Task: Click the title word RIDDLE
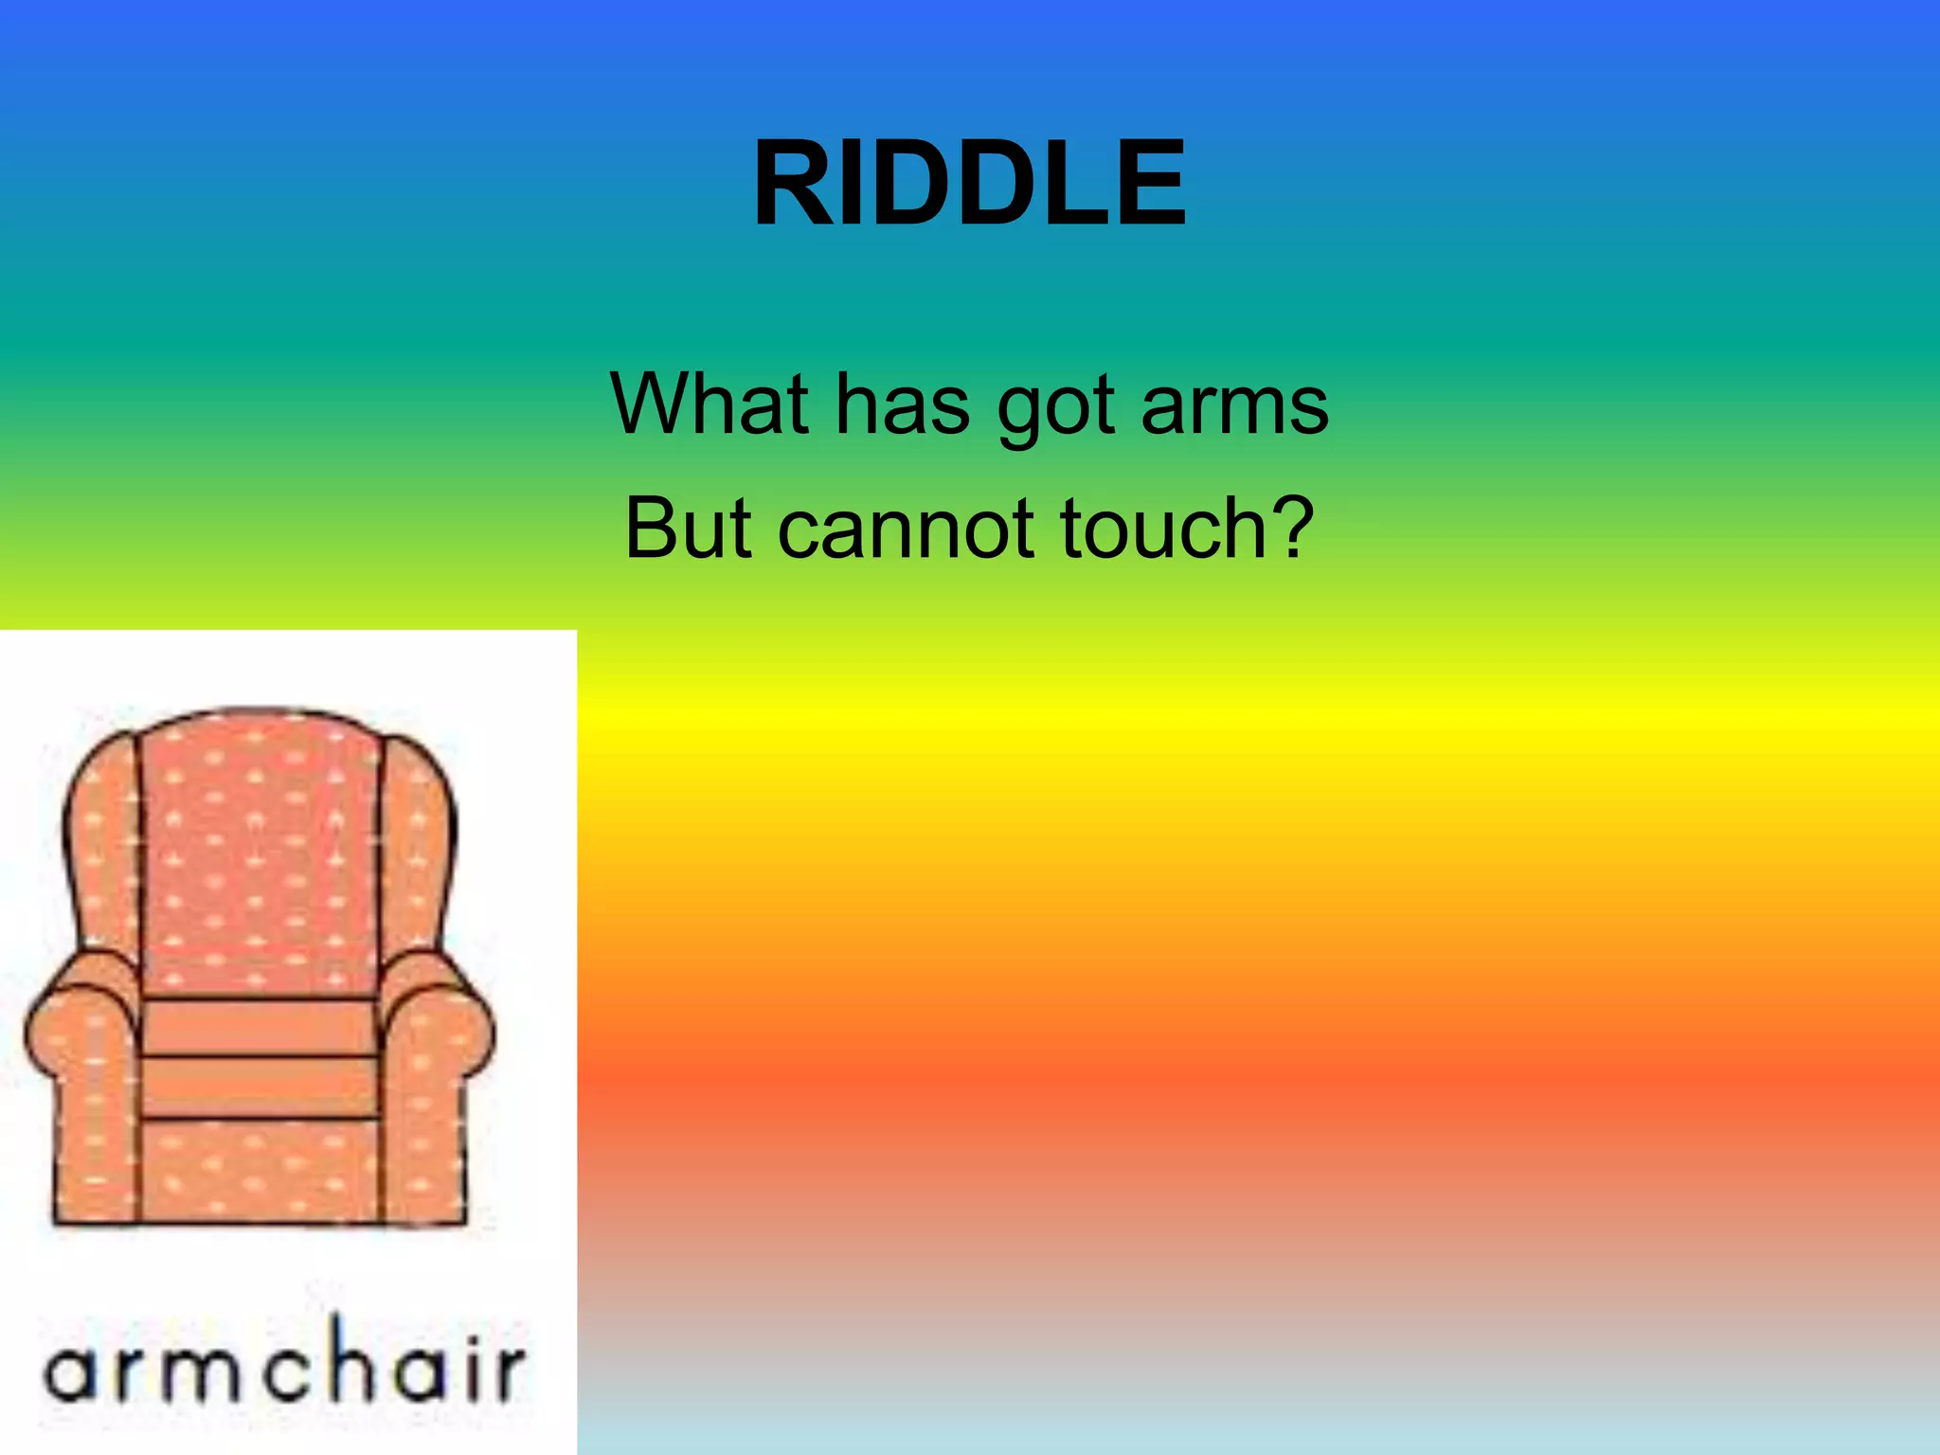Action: click(x=969, y=184)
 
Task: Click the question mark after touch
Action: click(x=1289, y=527)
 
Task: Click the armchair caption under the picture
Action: click(x=284, y=1365)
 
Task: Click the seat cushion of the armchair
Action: click(x=260, y=1028)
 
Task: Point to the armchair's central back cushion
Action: click(x=260, y=853)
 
